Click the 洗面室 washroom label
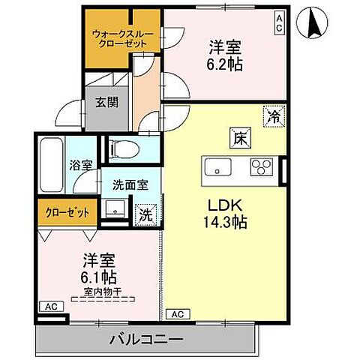(x=129, y=185)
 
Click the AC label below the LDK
(x=178, y=313)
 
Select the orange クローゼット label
(x=65, y=213)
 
